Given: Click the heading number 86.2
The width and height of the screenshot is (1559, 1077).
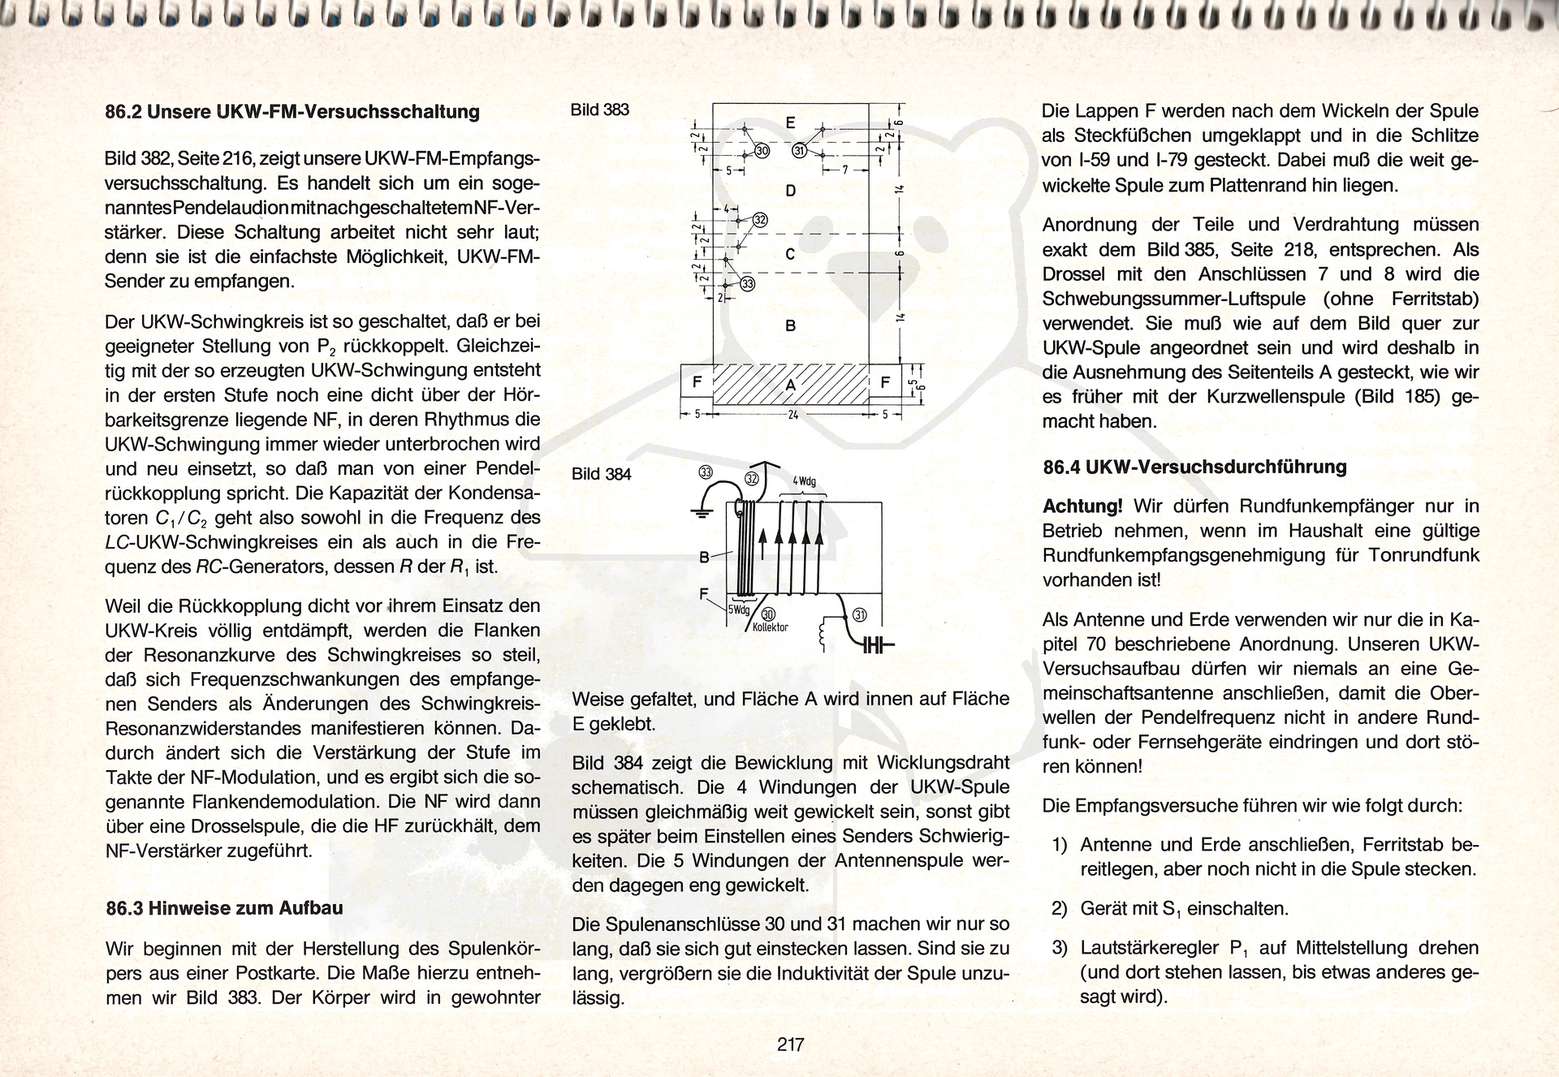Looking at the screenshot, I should click(123, 112).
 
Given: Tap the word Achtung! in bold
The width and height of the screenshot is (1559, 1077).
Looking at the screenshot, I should click(1082, 506).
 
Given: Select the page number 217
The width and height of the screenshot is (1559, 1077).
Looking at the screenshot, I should click(790, 1045).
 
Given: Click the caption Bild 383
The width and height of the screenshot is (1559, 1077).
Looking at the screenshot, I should click(599, 110).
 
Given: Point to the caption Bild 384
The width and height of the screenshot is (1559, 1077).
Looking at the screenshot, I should click(601, 474).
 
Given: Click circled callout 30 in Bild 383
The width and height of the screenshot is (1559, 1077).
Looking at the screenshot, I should click(761, 152).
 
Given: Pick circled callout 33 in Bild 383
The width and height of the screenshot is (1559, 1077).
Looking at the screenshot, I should click(747, 283).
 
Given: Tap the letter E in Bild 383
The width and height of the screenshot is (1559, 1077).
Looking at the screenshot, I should click(791, 123).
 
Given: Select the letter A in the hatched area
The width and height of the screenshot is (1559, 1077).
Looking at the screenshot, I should click(790, 384).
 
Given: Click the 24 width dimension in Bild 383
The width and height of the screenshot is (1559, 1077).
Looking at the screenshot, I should click(792, 415).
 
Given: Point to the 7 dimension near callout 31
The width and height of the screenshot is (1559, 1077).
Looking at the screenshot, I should click(845, 170).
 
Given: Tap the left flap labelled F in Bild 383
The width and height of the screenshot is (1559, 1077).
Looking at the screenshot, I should click(697, 382).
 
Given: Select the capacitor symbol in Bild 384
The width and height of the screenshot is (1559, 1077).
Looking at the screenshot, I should click(875, 646).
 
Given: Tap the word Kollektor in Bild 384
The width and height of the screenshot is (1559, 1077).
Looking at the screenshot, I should click(770, 627).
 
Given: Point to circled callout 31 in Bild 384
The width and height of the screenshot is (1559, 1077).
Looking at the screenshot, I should click(860, 615).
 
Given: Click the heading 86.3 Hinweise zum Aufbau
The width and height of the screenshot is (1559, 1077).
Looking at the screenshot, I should click(225, 908).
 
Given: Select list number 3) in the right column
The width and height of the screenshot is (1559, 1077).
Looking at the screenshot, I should click(1059, 948).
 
